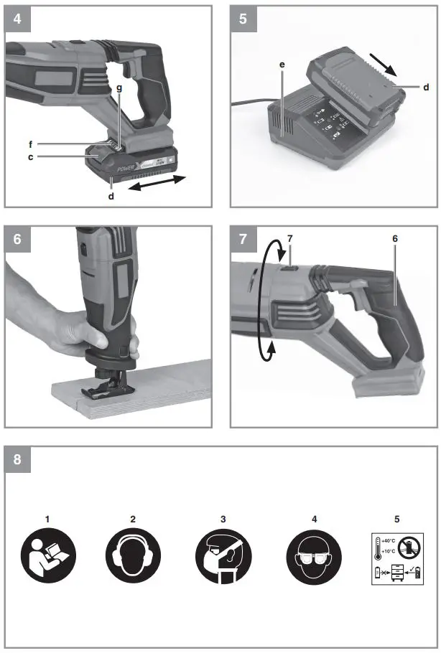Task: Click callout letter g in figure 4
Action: (x=120, y=87)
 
